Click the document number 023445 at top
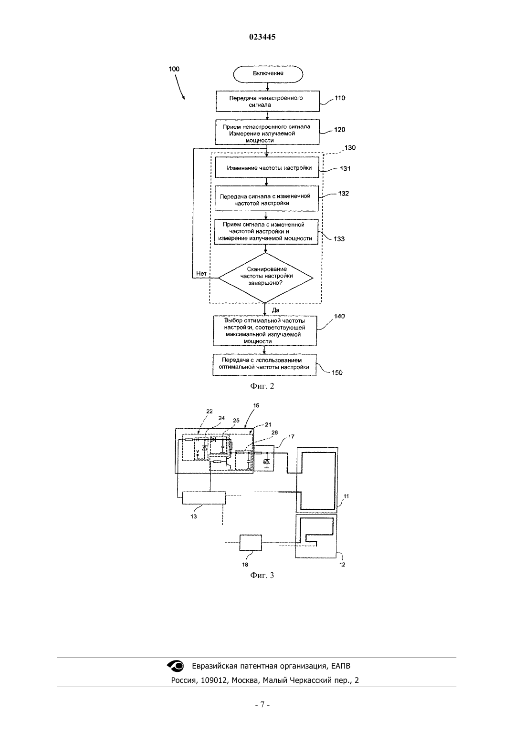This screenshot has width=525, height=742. coord(262,37)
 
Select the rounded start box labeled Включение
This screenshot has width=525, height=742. coord(268,73)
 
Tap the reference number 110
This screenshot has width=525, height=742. coord(340,98)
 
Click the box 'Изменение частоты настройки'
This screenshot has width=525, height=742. coord(267,167)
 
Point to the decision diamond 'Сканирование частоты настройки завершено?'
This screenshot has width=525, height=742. coord(265,278)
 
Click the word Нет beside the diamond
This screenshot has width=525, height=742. coord(201,273)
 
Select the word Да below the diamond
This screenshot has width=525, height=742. coord(275,310)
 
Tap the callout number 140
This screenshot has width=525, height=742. coord(339,316)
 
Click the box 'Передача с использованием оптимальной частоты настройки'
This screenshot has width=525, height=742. coord(264,365)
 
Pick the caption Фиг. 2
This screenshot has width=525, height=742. coord(262,386)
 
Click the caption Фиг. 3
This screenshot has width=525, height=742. coord(262,576)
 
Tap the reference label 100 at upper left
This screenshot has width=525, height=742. coord(174,69)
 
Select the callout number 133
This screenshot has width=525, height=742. coord(339,239)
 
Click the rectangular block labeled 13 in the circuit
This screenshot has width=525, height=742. coord(204,498)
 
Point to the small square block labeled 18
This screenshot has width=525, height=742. coord(251,543)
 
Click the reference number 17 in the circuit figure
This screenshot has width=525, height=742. coord(291,437)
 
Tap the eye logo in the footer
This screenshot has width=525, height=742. coord(175,666)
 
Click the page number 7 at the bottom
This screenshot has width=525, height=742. coord(262,705)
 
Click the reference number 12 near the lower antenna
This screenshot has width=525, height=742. coord(342,565)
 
